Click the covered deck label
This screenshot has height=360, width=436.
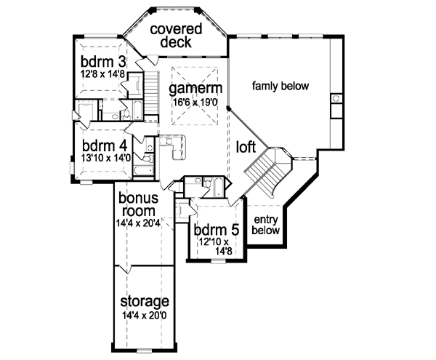(x=176, y=36)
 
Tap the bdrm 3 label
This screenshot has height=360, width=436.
(x=103, y=62)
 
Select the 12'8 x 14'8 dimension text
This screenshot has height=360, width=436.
(x=102, y=74)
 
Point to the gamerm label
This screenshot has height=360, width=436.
(x=195, y=89)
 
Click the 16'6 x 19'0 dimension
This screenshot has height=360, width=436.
(x=195, y=102)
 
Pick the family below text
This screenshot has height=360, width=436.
(x=280, y=86)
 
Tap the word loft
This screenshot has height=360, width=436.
(x=246, y=146)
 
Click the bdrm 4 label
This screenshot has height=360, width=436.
(x=105, y=145)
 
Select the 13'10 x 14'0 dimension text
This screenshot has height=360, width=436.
(x=105, y=158)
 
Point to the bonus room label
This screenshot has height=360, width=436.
(x=139, y=204)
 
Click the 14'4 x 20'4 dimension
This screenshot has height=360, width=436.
(x=138, y=223)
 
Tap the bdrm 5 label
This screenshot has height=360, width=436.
(x=217, y=230)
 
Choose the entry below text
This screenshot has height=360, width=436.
(x=265, y=225)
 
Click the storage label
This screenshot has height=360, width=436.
(x=145, y=301)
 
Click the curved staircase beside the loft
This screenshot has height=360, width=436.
(x=267, y=170)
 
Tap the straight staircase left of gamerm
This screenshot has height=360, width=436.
(x=151, y=92)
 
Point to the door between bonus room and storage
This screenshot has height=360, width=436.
(x=126, y=269)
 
